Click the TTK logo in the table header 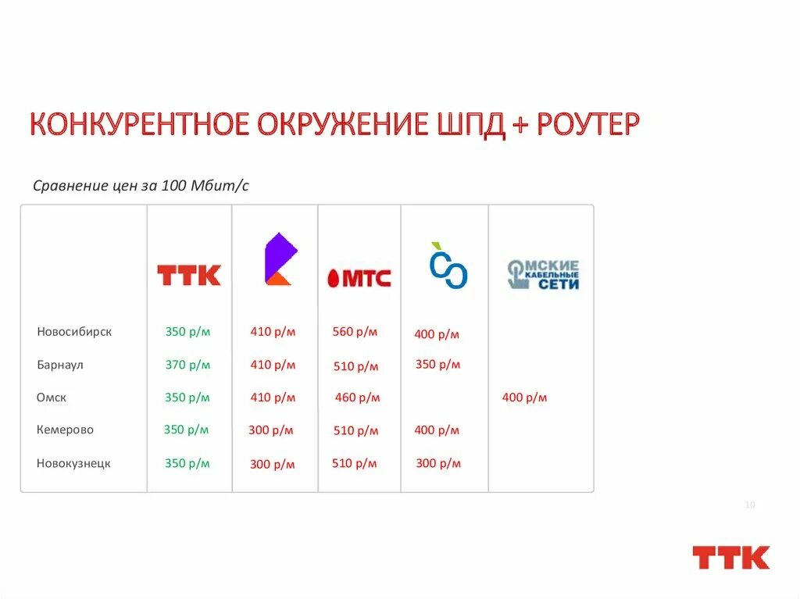189,275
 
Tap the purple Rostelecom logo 280,258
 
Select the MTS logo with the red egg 359,277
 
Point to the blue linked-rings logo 448,266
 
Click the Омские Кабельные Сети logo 543,275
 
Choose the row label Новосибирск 74,332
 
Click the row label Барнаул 60,365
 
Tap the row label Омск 52,398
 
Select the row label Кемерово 65,430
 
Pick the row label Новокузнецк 73,463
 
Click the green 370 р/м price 187,365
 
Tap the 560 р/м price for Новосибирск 355,332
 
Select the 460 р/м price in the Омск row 358,398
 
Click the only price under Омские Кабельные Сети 524,398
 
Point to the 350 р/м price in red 437,365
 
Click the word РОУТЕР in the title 587,125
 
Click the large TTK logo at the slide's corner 730,558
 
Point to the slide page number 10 749,505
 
